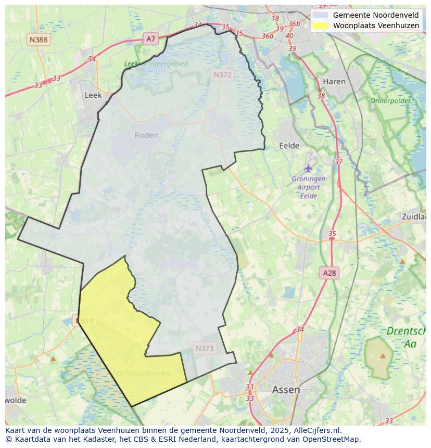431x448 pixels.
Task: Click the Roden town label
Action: [146, 135]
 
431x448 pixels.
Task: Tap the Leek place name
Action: [93, 95]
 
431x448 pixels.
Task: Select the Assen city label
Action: [286, 389]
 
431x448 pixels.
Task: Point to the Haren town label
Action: [334, 82]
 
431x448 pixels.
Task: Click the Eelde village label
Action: [289, 146]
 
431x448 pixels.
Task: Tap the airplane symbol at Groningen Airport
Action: [309, 168]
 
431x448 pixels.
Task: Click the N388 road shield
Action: [39, 40]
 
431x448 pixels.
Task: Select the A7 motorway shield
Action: [150, 39]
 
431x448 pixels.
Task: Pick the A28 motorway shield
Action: [329, 273]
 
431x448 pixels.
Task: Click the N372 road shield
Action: [222, 75]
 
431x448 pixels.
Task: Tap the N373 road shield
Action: [205, 348]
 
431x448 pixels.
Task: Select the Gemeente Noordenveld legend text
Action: [375, 15]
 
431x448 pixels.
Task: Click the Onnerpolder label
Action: [390, 100]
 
